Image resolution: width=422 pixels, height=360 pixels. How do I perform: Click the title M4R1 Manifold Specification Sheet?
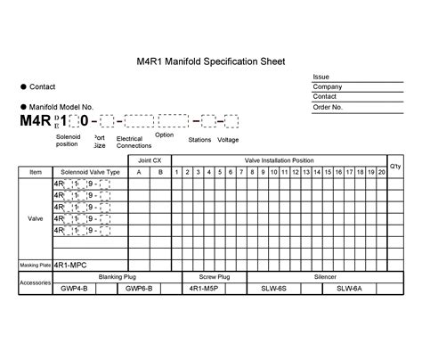[210, 62]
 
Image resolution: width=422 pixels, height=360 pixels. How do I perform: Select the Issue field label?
[321, 77]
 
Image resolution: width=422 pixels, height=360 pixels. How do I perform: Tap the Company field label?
[328, 86]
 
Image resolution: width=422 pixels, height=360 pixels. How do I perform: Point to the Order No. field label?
[329, 106]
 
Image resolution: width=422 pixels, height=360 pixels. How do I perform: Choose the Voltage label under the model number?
[228, 140]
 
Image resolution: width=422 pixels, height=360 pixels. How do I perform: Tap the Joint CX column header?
[150, 160]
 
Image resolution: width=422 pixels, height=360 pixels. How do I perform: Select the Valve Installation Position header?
[280, 160]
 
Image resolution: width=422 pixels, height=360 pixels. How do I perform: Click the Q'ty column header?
[396, 166]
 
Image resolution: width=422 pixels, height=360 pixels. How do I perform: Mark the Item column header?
[36, 171]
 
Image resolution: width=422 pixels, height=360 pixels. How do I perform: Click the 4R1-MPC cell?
[71, 265]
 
